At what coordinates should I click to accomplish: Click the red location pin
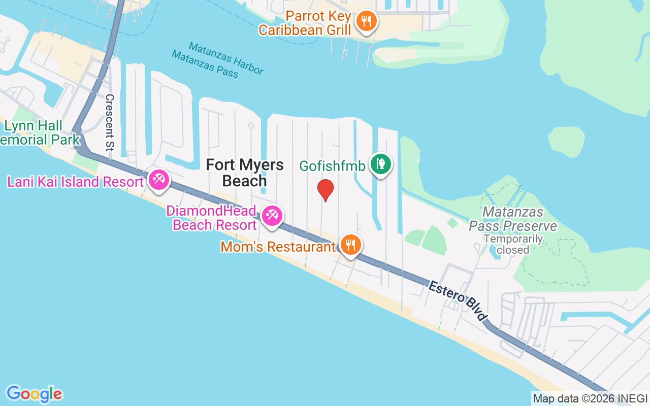(x=325, y=190)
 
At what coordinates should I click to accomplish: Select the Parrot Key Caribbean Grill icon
(x=365, y=21)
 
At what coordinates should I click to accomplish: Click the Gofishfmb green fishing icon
(x=380, y=164)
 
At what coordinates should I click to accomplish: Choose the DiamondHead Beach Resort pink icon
(x=272, y=216)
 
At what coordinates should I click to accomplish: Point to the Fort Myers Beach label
(x=245, y=173)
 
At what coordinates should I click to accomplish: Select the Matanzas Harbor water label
(x=226, y=58)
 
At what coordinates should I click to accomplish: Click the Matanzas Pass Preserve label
(x=513, y=219)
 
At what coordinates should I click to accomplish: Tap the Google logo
(x=35, y=394)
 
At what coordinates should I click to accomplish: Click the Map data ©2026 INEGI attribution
(x=590, y=399)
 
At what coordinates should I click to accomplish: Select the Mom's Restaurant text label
(x=278, y=247)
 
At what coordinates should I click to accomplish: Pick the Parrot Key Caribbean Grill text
(x=305, y=23)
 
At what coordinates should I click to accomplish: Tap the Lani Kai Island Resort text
(x=76, y=182)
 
